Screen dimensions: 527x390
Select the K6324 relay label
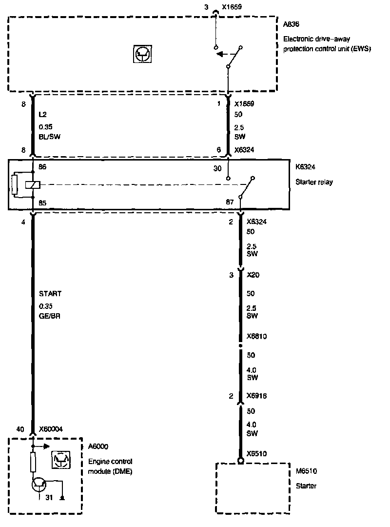pyautogui.click(x=305, y=167)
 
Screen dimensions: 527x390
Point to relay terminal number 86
pyautogui.click(x=43, y=167)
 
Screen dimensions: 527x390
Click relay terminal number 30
pyautogui.click(x=217, y=168)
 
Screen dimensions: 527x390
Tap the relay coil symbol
pyautogui.click(x=32, y=184)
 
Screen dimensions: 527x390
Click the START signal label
pyautogui.click(x=50, y=294)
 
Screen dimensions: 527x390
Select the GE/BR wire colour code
pyautogui.click(x=50, y=316)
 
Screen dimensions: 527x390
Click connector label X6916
pyautogui.click(x=256, y=396)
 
